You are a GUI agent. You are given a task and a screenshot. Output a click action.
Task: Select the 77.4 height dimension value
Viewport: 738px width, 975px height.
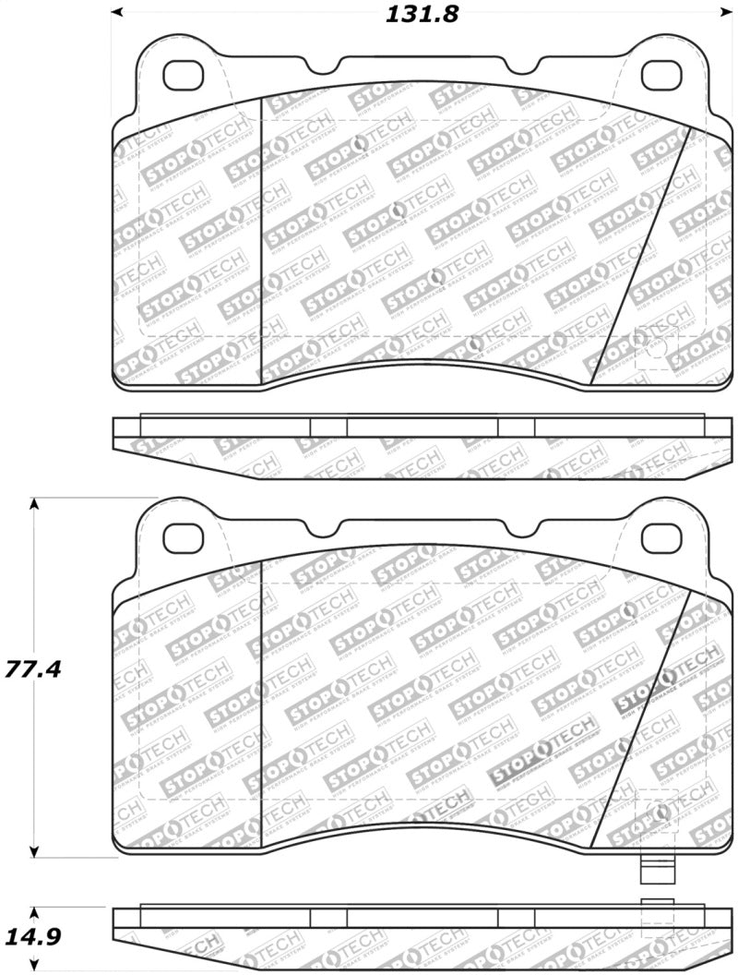point(33,668)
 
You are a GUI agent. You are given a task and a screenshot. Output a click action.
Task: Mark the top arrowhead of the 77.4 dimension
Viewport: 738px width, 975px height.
point(34,505)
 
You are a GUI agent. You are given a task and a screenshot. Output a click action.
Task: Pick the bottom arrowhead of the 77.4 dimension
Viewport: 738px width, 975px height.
point(34,852)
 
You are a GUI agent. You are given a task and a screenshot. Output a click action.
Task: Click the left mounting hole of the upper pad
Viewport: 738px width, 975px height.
point(184,75)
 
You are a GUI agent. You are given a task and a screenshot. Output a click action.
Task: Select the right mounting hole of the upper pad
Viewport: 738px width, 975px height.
point(661,75)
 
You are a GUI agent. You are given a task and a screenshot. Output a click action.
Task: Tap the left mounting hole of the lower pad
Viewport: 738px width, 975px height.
point(184,536)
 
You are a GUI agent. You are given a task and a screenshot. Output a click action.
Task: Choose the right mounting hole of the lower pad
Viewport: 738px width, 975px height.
point(661,536)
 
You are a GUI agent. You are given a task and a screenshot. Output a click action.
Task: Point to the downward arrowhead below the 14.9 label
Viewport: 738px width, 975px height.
point(34,969)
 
